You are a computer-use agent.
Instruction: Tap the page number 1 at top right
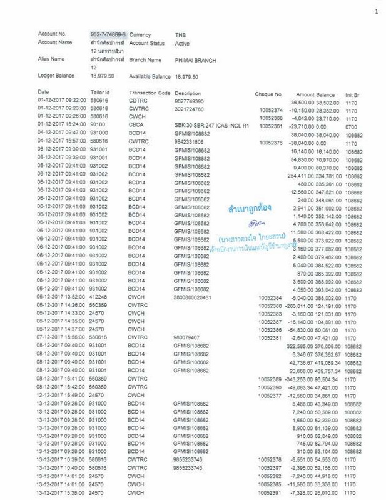coord(377,12)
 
